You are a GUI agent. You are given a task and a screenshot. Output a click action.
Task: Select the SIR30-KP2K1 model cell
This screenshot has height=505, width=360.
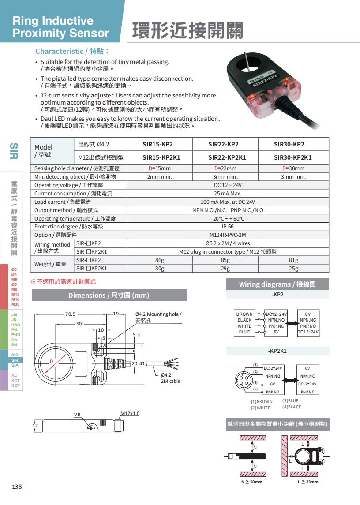(x=292, y=157)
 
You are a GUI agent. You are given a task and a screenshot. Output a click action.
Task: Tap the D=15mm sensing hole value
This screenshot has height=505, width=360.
(x=159, y=168)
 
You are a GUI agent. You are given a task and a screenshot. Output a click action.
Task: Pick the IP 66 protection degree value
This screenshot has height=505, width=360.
(x=228, y=227)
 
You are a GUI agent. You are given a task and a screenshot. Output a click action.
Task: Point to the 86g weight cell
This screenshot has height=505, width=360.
(x=159, y=260)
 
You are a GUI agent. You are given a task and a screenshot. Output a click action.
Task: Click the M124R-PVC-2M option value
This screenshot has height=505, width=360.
(x=228, y=235)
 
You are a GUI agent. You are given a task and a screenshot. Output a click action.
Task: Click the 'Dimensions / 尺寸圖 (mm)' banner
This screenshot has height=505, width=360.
(x=109, y=295)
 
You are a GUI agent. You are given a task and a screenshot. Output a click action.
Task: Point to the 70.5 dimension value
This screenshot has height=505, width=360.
(x=71, y=314)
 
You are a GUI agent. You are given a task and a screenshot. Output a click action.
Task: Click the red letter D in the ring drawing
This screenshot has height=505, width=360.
(x=51, y=361)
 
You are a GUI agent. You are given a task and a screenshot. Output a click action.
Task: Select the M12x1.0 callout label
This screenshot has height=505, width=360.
(x=130, y=413)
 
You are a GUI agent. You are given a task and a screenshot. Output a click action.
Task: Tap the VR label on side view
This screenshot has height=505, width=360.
(x=77, y=415)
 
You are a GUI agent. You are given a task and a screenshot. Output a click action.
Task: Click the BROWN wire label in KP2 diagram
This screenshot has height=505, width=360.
(x=244, y=314)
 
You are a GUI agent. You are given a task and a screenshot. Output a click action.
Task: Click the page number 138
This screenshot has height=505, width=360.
(x=17, y=486)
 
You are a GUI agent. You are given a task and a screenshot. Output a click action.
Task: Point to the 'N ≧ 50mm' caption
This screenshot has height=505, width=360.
(x=251, y=482)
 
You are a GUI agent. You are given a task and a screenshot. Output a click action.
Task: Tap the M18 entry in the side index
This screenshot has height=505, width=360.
(x=15, y=299)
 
